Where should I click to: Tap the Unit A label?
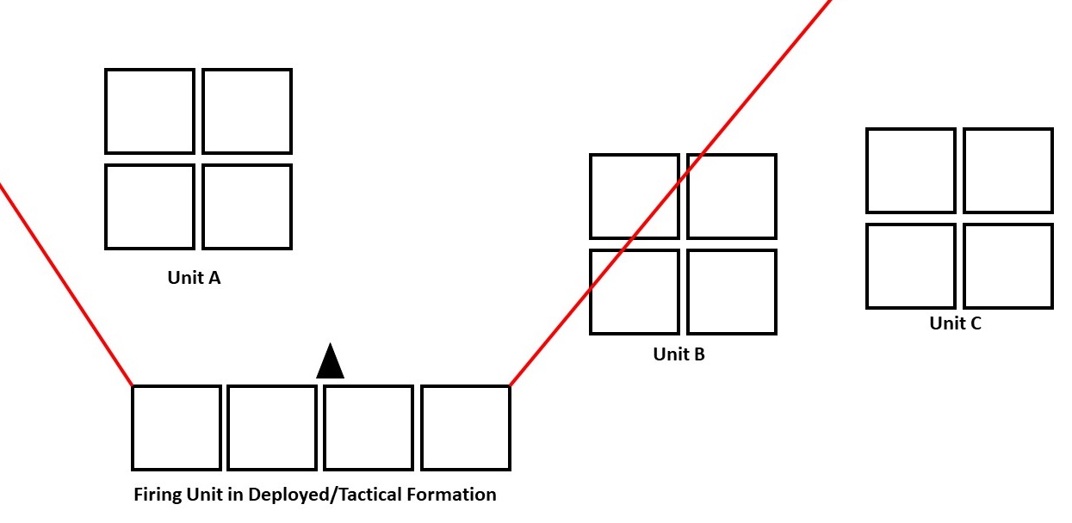pos(194,278)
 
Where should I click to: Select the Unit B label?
pos(679,354)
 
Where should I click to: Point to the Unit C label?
pos(955,324)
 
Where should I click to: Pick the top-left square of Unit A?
pos(150,111)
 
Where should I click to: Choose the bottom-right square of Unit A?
pos(247,206)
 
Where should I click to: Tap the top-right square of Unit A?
pos(247,111)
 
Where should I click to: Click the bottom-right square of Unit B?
pos(732,292)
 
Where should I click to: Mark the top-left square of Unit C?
pos(911,170)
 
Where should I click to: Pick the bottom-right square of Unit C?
pos(1008,266)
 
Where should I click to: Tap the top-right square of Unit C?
pos(1008,170)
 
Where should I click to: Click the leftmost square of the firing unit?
pos(177,428)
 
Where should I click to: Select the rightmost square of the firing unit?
pos(466,428)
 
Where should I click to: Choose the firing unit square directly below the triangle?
pos(369,428)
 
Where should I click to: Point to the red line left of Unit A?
pos(65,284)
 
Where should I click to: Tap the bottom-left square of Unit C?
pos(911,266)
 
